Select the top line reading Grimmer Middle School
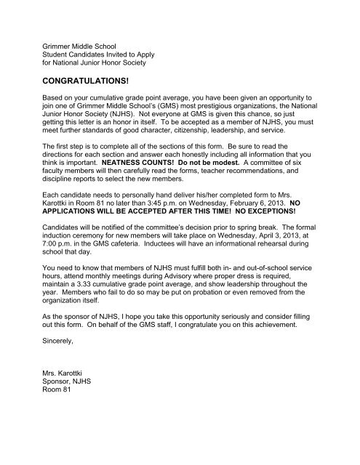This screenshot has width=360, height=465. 79,38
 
